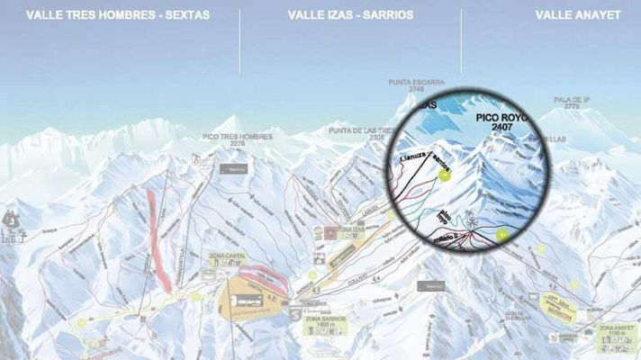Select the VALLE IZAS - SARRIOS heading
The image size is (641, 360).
(x=350, y=14)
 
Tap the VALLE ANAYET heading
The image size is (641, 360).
(x=585, y=14)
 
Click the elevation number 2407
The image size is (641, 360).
(x=501, y=128)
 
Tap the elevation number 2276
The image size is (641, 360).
(x=237, y=144)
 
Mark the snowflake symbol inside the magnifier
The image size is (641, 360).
(x=468, y=219)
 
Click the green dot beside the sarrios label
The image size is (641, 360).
(x=446, y=176)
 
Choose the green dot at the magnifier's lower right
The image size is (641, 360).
(x=501, y=234)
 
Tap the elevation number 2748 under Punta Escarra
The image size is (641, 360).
(x=416, y=90)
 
